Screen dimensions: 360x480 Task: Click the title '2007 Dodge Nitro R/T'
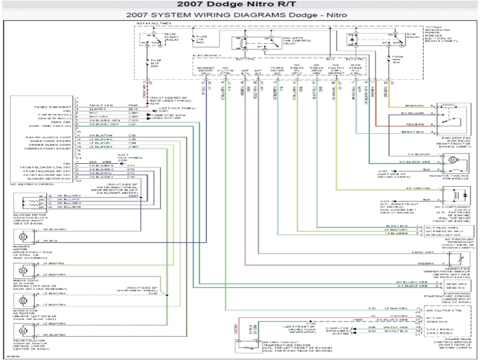coord(239,5)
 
